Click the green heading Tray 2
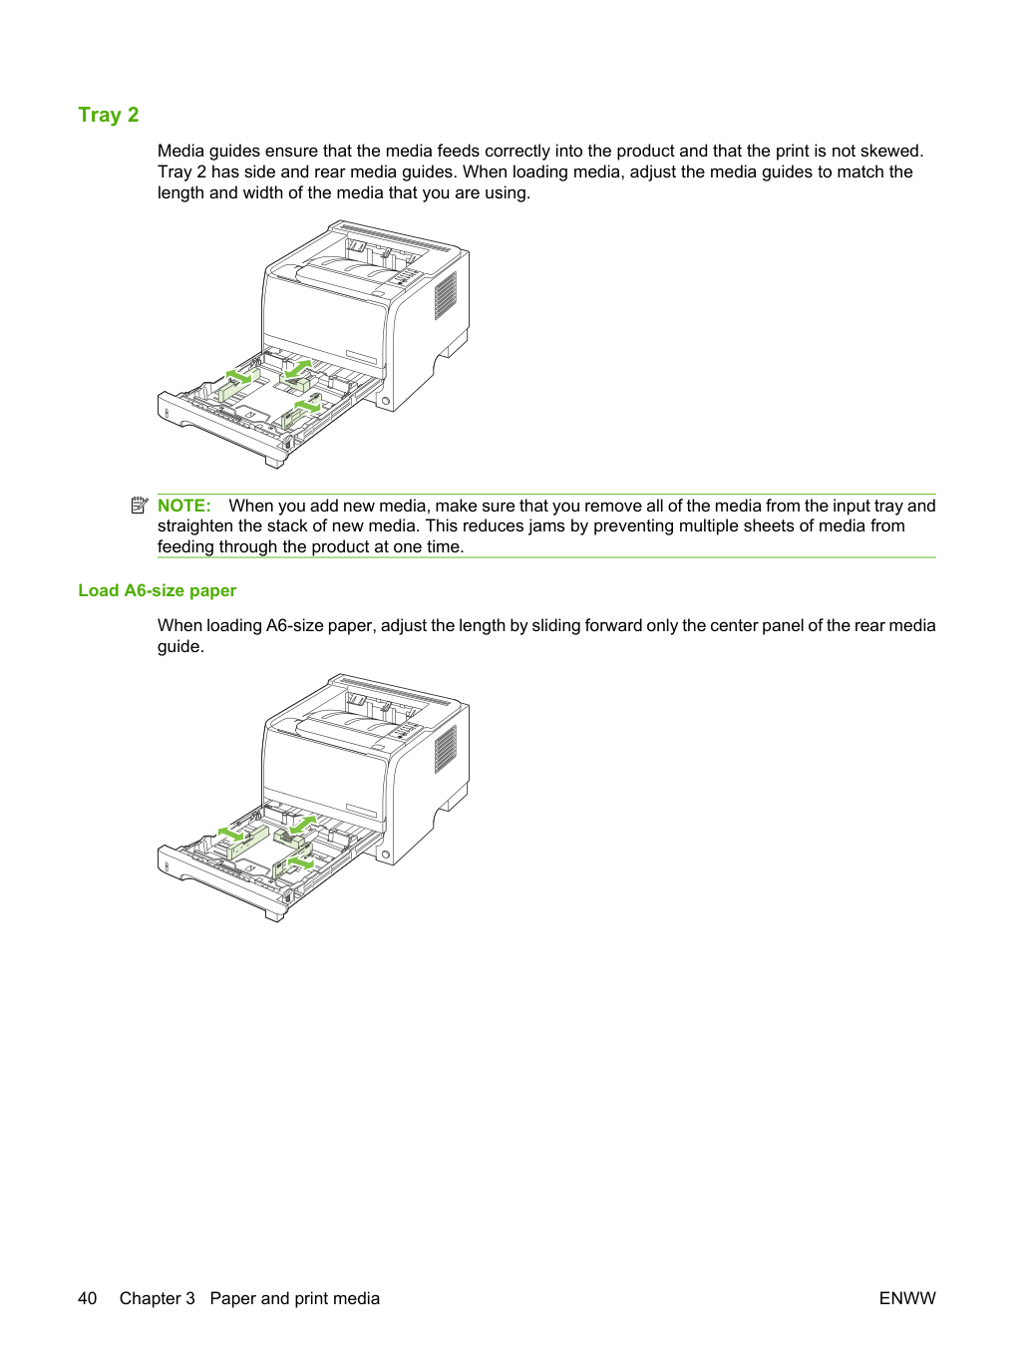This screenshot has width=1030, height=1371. [108, 115]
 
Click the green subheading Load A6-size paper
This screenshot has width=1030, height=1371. [157, 590]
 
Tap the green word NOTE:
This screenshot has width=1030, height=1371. [183, 506]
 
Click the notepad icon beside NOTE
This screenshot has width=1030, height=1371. [140, 505]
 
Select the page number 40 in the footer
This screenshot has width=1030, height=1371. [87, 1298]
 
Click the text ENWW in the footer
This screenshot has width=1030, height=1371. [907, 1298]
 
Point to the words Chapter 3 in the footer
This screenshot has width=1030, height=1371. [157, 1298]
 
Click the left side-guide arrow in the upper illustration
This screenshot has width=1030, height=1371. [238, 376]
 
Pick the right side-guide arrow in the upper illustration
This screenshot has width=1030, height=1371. [307, 406]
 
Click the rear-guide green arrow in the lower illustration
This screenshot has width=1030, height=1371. [303, 824]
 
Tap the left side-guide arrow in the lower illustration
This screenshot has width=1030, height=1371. [230, 833]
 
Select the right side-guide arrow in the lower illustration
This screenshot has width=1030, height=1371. [301, 861]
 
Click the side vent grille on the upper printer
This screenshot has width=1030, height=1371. [446, 295]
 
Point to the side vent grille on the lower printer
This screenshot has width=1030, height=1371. [446, 750]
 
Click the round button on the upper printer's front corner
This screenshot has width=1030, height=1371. [386, 401]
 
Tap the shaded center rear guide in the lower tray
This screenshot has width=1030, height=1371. [288, 839]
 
